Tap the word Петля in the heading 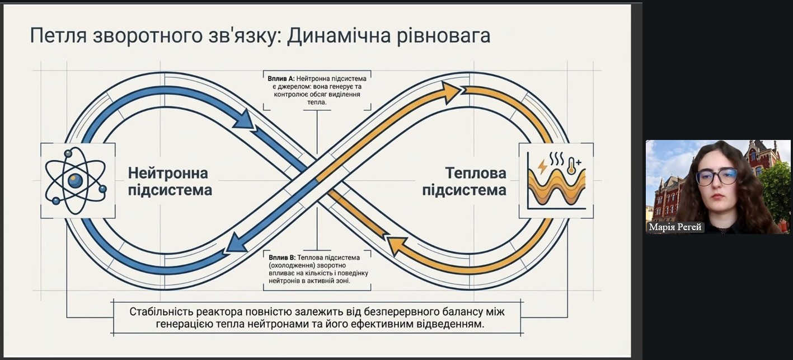click(x=54, y=36)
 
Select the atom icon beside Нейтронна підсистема click(x=76, y=179)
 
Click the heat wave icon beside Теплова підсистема click(x=556, y=180)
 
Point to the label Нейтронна click(x=167, y=173)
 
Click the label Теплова click(x=476, y=173)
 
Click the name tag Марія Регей click(x=675, y=227)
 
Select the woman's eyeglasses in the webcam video click(x=716, y=176)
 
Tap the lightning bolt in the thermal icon click(x=542, y=166)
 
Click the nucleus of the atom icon click(x=75, y=180)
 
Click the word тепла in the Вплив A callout click(x=317, y=102)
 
